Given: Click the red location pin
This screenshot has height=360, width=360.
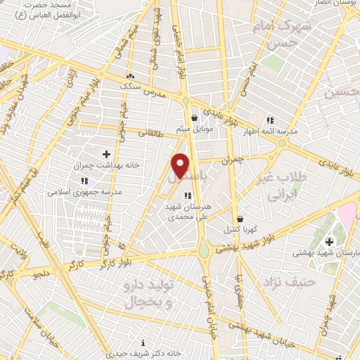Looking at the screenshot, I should pyautogui.click(x=181, y=165).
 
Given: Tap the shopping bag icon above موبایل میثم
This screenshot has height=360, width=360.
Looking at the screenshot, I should pyautogui.click(x=194, y=118).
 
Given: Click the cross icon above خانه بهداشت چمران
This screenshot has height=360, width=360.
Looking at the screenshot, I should pyautogui.click(x=106, y=153).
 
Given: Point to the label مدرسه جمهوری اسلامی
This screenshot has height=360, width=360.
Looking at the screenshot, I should pyautogui.click(x=85, y=191).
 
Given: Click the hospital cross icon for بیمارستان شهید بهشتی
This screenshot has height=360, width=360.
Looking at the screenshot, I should pyautogui.click(x=328, y=242).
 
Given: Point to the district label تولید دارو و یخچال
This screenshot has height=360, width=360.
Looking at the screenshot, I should pyautogui.click(x=150, y=294).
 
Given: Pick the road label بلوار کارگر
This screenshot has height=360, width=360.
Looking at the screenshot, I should pyautogui.click(x=112, y=264).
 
